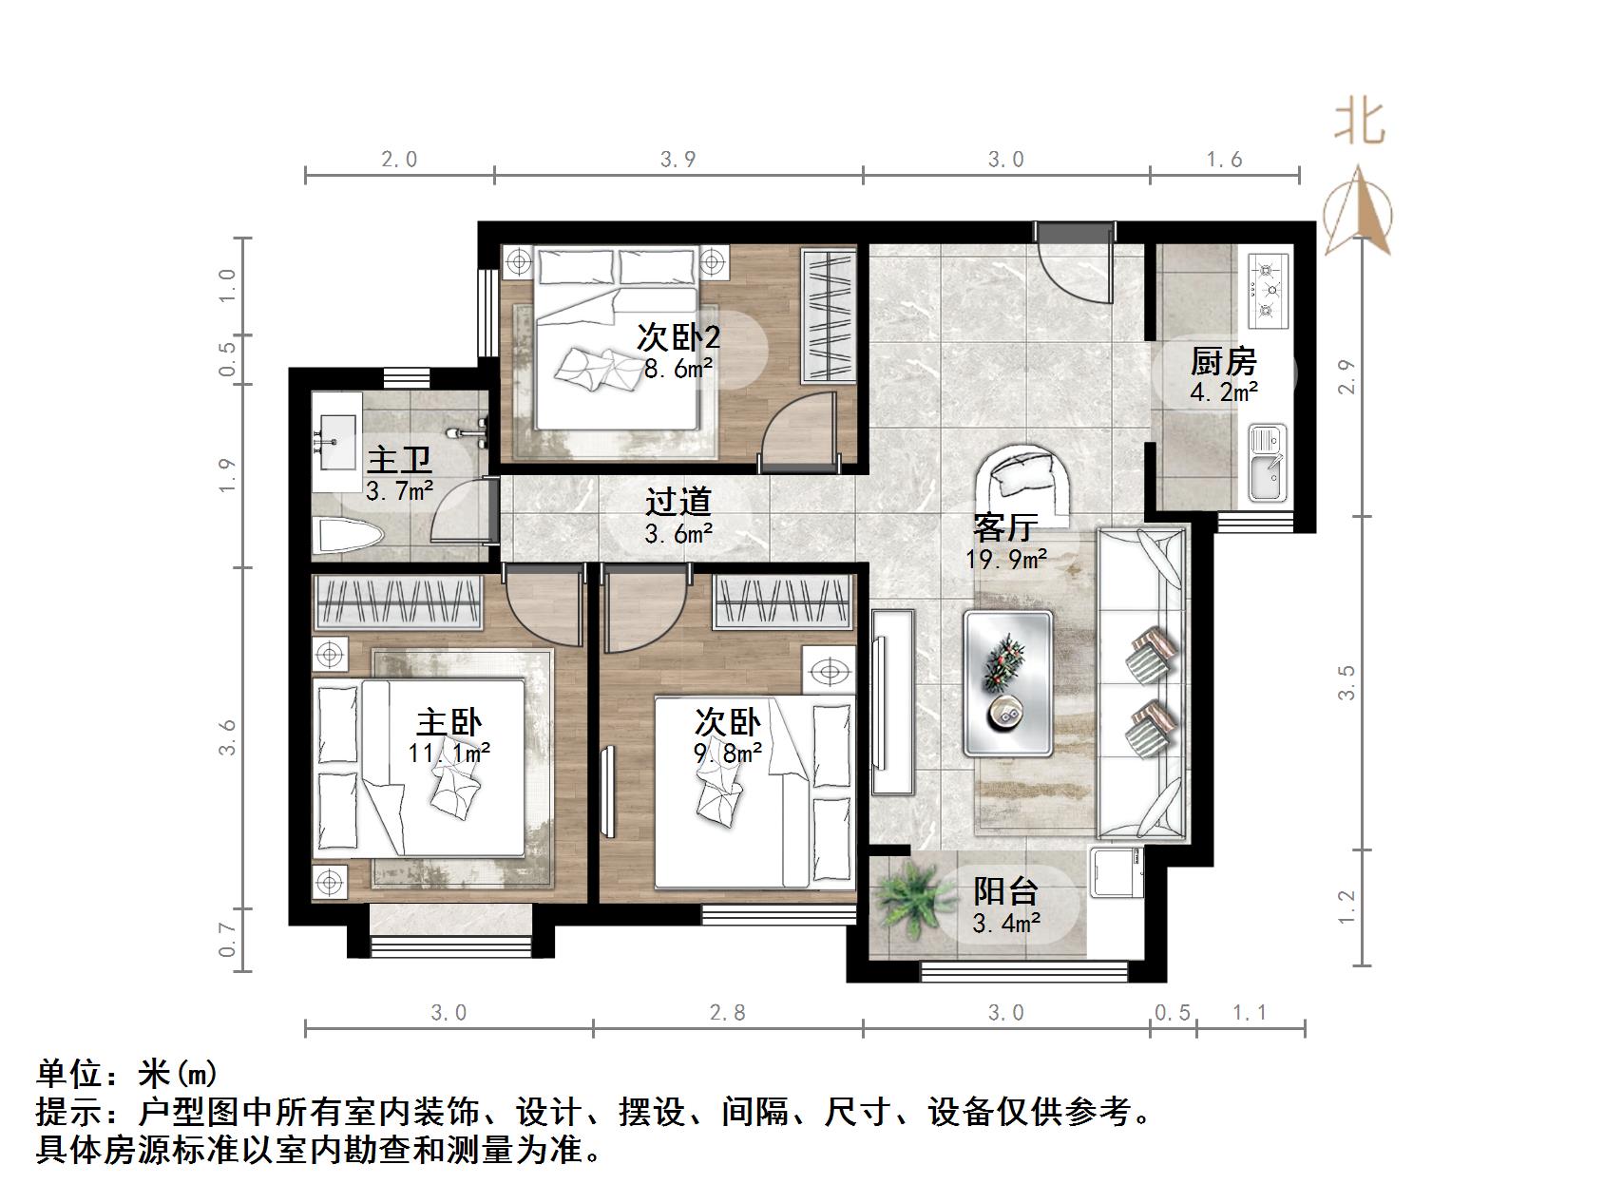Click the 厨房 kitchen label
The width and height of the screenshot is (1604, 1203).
[x=1223, y=361]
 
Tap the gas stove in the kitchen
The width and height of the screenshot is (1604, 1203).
[x=1267, y=287]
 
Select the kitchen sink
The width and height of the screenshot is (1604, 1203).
[x=1266, y=466]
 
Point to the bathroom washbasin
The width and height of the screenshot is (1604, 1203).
[x=336, y=441]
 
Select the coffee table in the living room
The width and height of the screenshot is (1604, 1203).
[x=1007, y=682]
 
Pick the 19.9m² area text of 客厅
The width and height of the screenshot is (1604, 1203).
[x=1006, y=559]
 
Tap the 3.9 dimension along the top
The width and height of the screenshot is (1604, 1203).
[x=678, y=159]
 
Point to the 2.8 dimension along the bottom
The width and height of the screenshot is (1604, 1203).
[x=727, y=1013]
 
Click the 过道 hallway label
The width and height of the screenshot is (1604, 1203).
[x=678, y=502]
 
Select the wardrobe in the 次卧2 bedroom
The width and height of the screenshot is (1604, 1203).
[x=829, y=315]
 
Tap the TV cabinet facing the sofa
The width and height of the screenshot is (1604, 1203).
[x=892, y=701]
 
